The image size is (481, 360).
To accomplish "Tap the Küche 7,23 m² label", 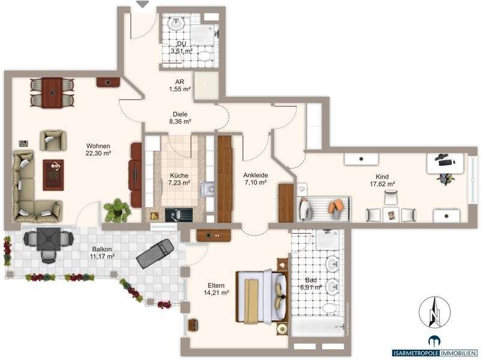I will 179,179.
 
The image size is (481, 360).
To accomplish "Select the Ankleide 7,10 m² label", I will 255,179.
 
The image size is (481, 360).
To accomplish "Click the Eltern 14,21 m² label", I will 216,289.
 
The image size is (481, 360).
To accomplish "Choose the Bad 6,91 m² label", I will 310,284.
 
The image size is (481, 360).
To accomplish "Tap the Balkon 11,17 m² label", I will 103,252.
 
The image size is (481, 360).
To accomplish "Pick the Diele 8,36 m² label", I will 180,118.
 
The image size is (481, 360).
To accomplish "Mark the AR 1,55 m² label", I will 179,85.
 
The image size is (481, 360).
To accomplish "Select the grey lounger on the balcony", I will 156,253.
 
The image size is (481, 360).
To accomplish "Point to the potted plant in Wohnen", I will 117,210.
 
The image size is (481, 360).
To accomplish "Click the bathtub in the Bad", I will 318,328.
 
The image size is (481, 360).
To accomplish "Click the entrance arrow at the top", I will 142,4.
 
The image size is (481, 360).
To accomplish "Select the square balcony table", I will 47,240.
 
